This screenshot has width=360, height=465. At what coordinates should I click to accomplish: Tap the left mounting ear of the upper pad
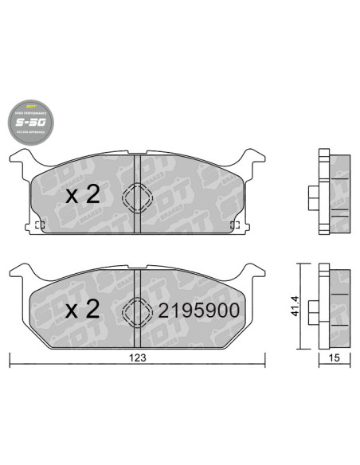point(22,158)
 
